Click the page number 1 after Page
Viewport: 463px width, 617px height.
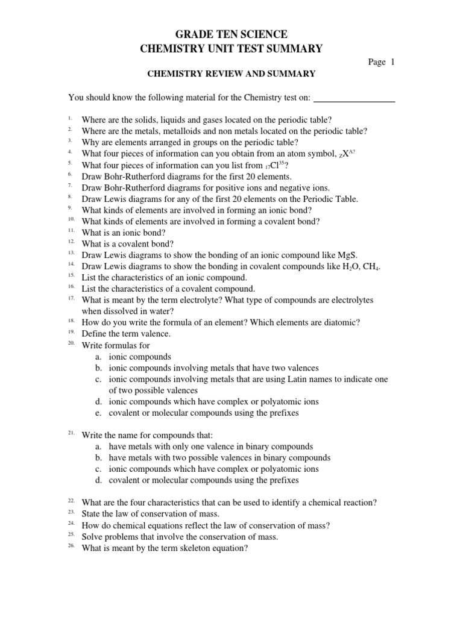coord(392,62)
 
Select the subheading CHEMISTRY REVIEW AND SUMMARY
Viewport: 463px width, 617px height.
coord(231,74)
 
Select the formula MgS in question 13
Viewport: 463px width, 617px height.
coord(353,255)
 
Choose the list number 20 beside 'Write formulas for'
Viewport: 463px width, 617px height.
coord(71,343)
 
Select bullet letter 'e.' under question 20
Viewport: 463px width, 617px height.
coord(98,413)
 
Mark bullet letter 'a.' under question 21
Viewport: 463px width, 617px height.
coord(98,446)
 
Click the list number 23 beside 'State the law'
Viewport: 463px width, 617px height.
coord(71,512)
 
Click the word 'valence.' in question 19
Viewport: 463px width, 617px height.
coord(155,334)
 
